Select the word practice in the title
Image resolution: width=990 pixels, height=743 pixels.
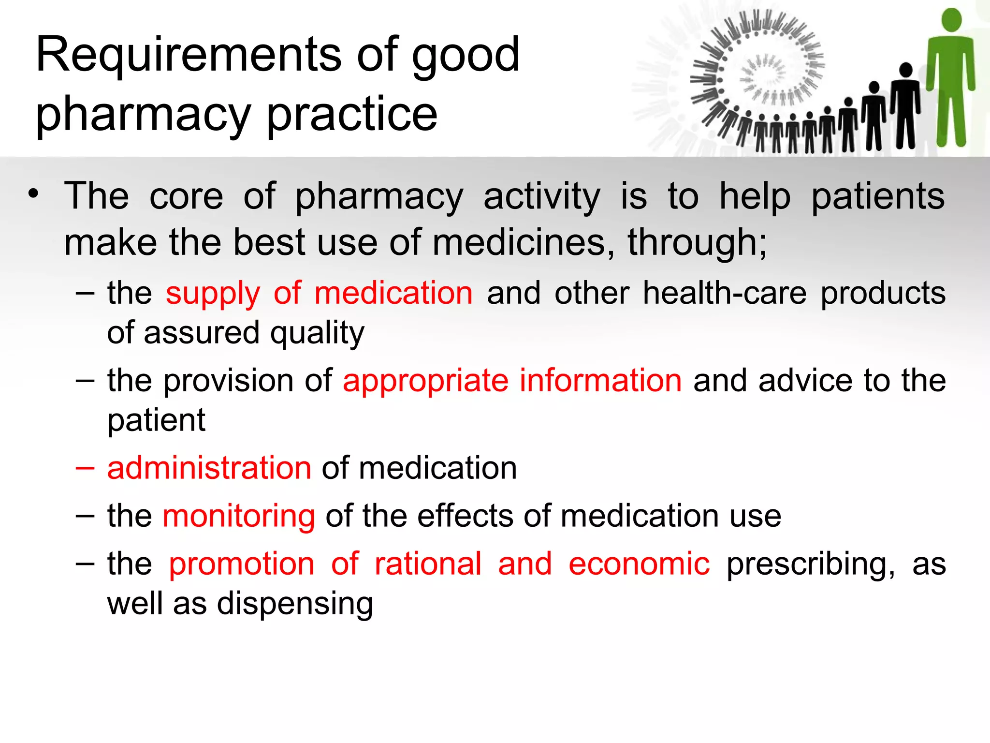click(x=352, y=114)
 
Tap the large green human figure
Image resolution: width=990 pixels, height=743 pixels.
click(x=950, y=77)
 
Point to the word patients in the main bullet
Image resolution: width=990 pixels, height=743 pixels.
click(x=877, y=196)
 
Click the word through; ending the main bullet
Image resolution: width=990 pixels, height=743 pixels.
click(x=697, y=242)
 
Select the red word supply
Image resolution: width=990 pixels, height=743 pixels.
click(x=213, y=294)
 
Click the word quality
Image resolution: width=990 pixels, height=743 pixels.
click(x=317, y=333)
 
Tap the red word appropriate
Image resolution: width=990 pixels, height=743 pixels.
click(x=425, y=381)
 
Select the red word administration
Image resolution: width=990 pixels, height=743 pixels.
click(x=209, y=468)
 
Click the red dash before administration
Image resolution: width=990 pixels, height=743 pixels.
click(x=85, y=468)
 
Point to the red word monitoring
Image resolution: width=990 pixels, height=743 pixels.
click(x=239, y=516)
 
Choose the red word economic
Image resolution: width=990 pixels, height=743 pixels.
click(x=639, y=564)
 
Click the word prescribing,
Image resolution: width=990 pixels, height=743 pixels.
click(x=811, y=565)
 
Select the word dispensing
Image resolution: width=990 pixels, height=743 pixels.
click(x=295, y=604)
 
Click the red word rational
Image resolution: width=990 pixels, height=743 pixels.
click(x=428, y=564)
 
